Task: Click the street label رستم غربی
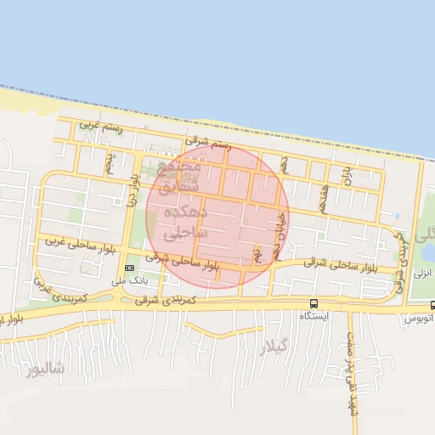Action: click(101, 127)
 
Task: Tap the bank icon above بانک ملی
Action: click(128, 268)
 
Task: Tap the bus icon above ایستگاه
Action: click(314, 303)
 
